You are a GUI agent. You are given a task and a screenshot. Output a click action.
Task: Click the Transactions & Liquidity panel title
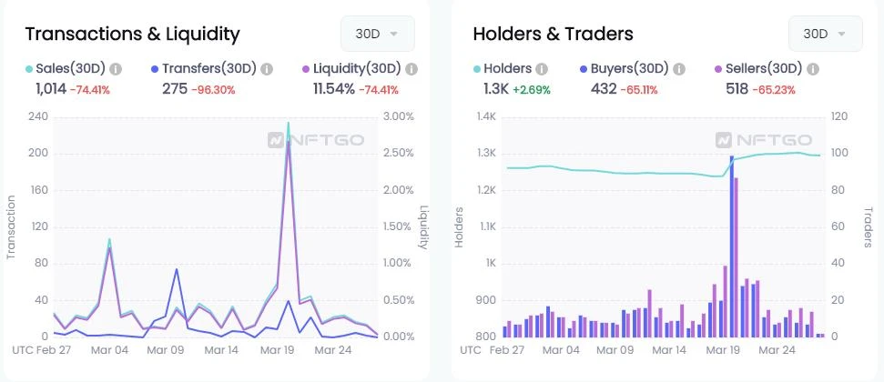click(132, 35)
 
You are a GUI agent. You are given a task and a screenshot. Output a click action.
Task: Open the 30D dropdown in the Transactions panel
click(377, 34)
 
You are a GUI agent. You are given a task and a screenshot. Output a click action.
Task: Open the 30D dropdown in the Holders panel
click(825, 34)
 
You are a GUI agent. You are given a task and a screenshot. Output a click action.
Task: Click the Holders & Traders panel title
click(553, 35)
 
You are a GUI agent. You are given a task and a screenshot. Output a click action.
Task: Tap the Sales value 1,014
click(51, 88)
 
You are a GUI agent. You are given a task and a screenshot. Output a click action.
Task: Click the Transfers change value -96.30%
click(213, 89)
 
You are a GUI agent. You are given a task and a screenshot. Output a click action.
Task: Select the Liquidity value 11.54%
click(333, 88)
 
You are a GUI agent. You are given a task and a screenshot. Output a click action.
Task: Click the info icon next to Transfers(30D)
click(267, 68)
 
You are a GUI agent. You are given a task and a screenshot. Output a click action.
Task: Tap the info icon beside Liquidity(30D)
click(411, 68)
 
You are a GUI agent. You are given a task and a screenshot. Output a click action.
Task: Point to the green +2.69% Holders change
click(532, 89)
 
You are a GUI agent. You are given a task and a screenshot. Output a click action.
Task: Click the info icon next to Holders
click(542, 68)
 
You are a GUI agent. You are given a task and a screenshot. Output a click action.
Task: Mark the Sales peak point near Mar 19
click(289, 123)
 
